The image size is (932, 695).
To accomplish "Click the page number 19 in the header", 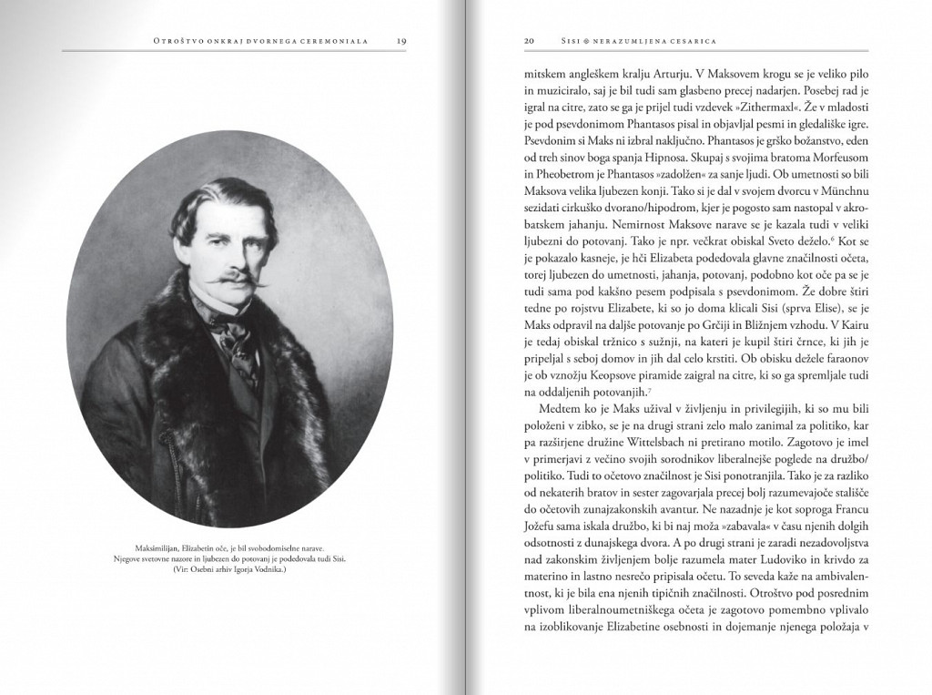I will pyautogui.click(x=401, y=40).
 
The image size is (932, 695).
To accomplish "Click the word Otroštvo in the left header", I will pyautogui.click(x=182, y=40).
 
